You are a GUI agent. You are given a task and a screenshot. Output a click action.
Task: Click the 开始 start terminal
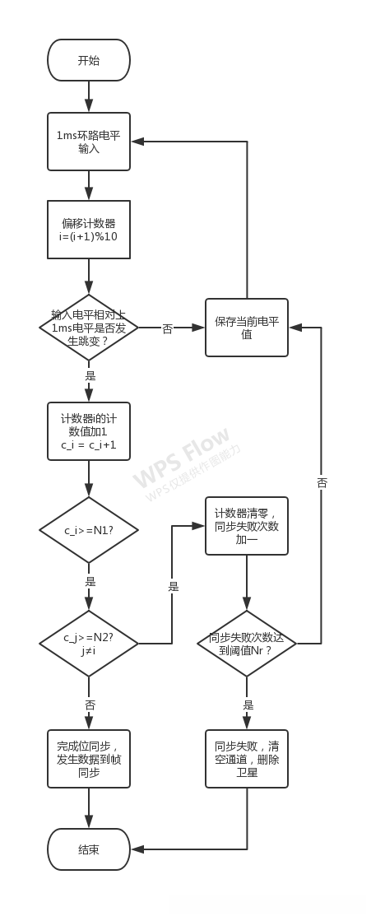(89, 61)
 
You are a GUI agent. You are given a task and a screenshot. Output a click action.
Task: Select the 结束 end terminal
(89, 849)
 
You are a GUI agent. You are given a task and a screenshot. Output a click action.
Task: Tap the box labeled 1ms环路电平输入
(89, 142)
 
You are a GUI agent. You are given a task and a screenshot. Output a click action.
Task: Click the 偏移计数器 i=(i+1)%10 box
(89, 230)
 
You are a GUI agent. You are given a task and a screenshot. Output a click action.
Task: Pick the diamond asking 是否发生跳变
(89, 327)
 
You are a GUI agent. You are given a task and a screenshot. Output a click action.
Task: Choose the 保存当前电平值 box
(247, 327)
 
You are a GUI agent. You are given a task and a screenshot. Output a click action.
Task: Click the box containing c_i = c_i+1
(89, 431)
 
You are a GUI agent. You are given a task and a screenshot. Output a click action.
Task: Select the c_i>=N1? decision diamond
(89, 529)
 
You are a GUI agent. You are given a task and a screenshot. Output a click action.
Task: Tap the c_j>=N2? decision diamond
(89, 643)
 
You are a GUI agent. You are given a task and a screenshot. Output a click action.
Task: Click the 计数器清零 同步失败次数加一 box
(247, 526)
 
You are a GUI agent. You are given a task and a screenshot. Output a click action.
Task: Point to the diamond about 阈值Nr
(247, 643)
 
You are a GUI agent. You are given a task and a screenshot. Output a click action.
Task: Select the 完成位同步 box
(89, 758)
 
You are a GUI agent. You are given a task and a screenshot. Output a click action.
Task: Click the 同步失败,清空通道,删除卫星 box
(247, 758)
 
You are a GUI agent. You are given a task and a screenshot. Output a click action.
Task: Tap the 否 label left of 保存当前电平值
(168, 328)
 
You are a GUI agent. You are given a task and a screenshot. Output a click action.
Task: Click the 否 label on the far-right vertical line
(322, 483)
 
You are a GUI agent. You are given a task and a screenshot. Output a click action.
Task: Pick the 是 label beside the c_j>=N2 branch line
(173, 586)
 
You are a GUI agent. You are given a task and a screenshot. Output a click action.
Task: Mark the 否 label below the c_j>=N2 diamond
(90, 705)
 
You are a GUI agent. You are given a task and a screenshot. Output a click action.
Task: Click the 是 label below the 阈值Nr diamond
(248, 705)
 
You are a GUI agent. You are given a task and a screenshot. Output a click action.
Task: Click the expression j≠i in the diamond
(89, 650)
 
